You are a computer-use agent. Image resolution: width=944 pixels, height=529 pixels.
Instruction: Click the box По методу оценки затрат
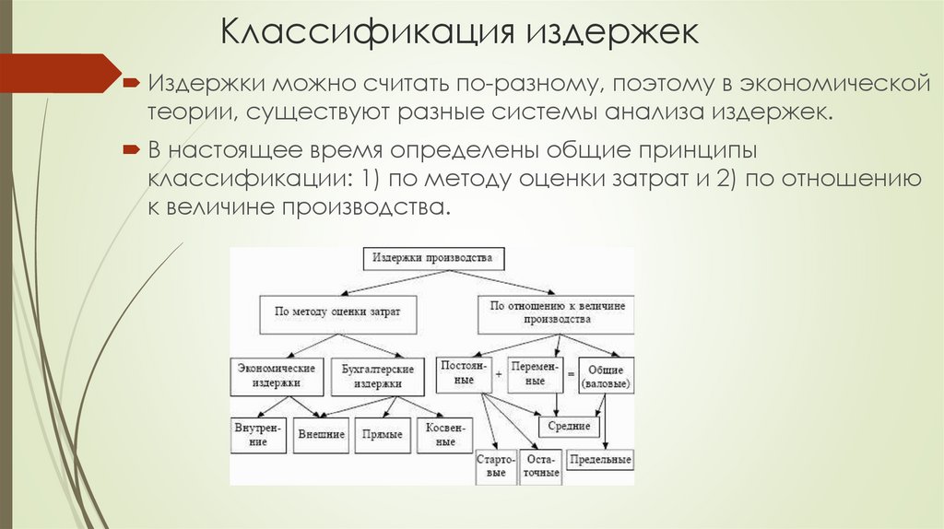click(x=339, y=312)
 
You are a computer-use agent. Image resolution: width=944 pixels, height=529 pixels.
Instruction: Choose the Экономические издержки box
click(x=277, y=375)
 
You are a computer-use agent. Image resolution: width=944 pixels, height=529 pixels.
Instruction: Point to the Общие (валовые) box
click(x=606, y=375)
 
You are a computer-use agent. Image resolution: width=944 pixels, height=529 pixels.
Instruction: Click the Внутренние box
click(x=251, y=434)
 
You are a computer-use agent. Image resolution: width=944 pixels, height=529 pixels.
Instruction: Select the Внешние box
click(x=321, y=434)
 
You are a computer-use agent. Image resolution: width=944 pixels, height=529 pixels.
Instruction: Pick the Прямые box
click(x=382, y=434)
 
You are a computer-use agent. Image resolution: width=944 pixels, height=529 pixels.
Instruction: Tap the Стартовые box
click(x=496, y=465)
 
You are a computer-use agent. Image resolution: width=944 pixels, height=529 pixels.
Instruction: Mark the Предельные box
click(x=600, y=459)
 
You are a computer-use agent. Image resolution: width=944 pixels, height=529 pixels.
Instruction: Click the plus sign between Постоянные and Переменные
click(x=498, y=375)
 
